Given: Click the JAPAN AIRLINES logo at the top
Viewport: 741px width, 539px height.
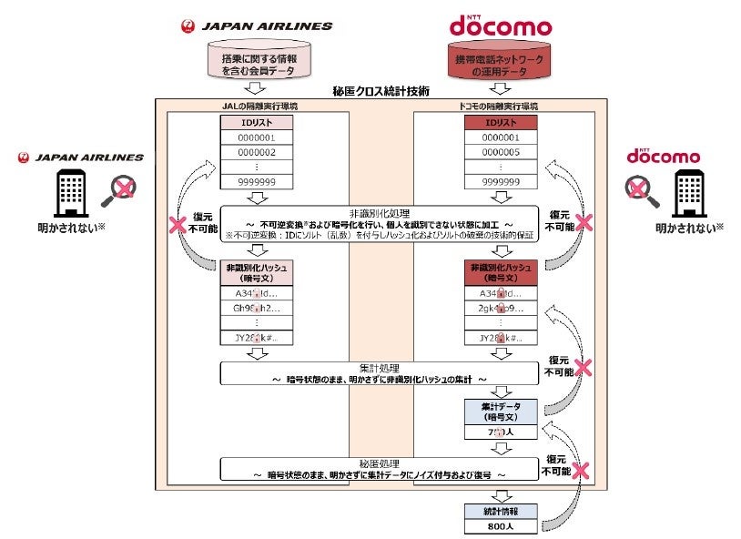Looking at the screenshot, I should (257, 26).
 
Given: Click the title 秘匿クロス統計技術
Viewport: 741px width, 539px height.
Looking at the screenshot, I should (375, 92).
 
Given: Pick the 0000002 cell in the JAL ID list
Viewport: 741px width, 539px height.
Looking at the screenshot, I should (257, 152).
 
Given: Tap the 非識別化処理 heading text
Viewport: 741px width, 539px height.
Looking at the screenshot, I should (376, 210).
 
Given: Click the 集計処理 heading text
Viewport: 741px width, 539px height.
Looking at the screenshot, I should (375, 366).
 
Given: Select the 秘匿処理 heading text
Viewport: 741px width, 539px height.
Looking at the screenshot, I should (375, 463).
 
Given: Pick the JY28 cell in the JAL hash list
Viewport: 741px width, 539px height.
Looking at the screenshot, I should (257, 339).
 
